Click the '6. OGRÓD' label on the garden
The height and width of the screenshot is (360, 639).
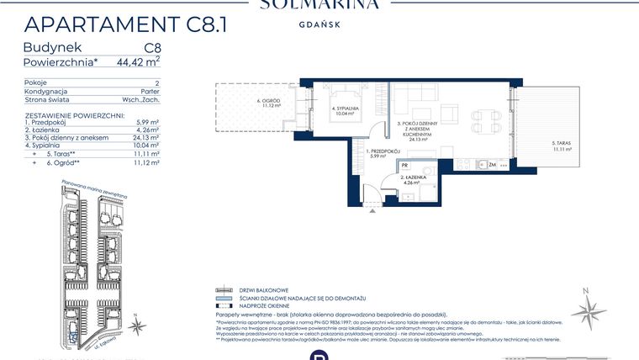(267, 101)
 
